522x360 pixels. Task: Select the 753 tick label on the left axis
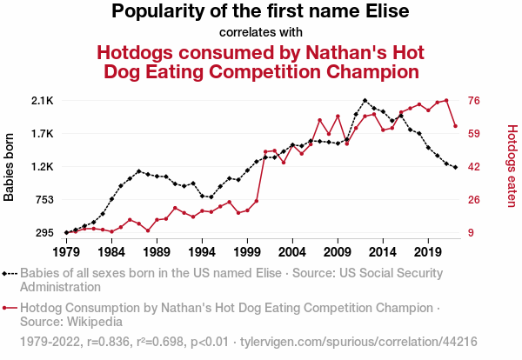tap(43, 200)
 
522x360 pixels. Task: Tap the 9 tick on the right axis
tap(472, 233)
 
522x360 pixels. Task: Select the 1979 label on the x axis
tap(66, 252)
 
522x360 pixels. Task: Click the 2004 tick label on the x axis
tap(291, 252)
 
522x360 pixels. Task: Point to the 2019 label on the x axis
tap(427, 252)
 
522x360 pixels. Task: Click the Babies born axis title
tap(10, 167)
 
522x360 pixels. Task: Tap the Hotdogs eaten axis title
tap(512, 167)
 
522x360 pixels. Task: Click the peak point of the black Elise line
tap(365, 101)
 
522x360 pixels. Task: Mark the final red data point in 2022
tap(455, 126)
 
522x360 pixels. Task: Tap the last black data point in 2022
tap(455, 167)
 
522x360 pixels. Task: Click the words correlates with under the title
tap(260, 33)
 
